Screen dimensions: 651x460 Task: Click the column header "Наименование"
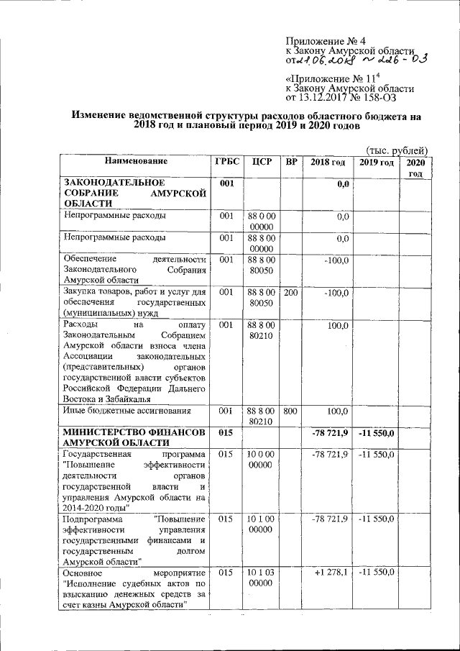coord(134,162)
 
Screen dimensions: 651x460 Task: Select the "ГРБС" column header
coord(226,162)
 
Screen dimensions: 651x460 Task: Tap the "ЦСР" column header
coord(262,162)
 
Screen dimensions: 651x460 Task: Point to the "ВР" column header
coord(291,162)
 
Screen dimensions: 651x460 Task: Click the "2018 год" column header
coord(328,162)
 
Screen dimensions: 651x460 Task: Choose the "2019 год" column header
coord(377,162)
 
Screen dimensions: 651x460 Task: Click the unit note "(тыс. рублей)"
coord(397,150)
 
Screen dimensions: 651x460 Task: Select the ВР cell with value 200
coord(291,293)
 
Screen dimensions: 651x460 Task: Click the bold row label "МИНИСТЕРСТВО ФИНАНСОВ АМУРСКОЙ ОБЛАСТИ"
coord(134,437)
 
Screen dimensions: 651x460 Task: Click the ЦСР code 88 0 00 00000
coord(262,222)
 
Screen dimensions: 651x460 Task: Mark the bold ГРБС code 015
coord(226,432)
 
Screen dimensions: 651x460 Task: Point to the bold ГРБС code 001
coord(226,183)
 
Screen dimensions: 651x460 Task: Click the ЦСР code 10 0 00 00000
coord(262,460)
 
